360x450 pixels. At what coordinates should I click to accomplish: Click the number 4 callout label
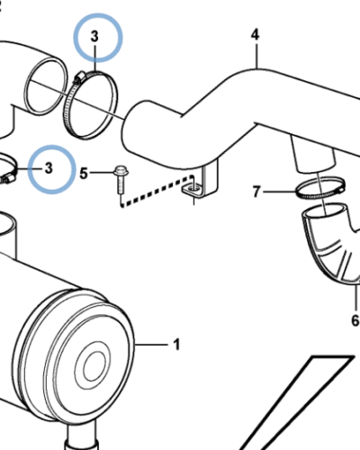tap(255, 35)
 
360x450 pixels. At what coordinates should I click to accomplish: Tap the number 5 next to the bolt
tap(84, 174)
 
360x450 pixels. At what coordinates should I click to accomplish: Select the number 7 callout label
tap(256, 192)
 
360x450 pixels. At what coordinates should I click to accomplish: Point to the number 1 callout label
tap(177, 345)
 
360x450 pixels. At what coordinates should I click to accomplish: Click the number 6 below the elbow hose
tap(355, 320)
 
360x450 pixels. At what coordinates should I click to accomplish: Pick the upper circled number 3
tap(94, 37)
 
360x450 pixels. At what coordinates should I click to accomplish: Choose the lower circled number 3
tap(49, 168)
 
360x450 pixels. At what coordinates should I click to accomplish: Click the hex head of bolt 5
tap(121, 171)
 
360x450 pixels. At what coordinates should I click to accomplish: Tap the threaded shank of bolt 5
tap(121, 185)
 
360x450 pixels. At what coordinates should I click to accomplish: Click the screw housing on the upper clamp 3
tap(78, 77)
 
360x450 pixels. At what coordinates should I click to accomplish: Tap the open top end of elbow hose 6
tap(325, 212)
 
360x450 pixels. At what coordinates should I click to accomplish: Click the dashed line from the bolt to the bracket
tap(156, 192)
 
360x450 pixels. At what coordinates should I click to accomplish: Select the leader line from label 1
tap(151, 345)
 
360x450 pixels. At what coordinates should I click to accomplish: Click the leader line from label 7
tap(278, 192)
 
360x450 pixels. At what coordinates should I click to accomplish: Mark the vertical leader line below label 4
tap(256, 56)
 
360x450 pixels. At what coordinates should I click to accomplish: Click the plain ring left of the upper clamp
tap(47, 86)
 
